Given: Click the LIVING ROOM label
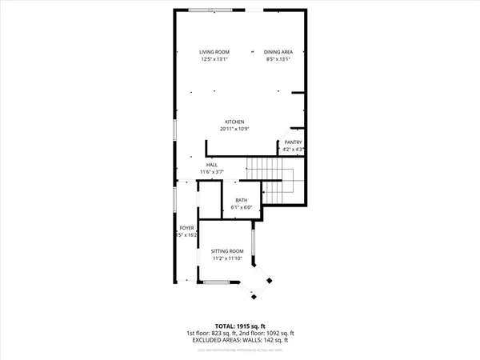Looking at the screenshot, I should point(214,52).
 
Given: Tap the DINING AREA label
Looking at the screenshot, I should point(278,52).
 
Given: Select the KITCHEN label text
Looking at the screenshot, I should point(234,122).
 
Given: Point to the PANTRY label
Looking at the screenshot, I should point(293,142).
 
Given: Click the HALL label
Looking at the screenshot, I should point(212,165).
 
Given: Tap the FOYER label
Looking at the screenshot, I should point(186,228).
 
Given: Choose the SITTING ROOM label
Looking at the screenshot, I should point(226,251).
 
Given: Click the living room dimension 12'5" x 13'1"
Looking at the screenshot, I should point(214,59).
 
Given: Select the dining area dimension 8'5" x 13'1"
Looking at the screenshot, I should point(278,59).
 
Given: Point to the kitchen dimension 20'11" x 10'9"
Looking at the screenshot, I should point(234,130).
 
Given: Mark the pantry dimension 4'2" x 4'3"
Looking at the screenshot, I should point(293,150).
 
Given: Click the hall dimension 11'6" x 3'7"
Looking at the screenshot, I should point(212,172).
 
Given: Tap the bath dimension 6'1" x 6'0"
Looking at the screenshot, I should point(241,208).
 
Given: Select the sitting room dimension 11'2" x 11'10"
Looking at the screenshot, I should point(226,258).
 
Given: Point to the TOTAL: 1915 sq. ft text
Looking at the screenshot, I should point(240,326).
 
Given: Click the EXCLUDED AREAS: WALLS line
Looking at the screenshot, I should point(240,339).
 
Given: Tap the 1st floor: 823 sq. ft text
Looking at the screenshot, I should point(211,333).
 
